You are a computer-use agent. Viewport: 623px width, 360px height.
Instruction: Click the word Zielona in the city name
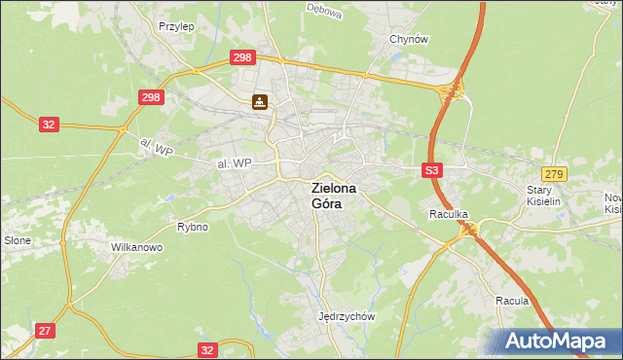(333, 189)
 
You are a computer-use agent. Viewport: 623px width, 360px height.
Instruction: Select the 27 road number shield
(45, 331)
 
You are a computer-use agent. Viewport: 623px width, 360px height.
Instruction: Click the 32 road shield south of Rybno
(207, 349)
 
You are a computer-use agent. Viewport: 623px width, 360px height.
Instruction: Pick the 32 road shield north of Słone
(50, 125)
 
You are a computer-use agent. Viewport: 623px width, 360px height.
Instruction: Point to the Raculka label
(450, 212)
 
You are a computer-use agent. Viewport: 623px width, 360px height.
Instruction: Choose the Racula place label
(511, 301)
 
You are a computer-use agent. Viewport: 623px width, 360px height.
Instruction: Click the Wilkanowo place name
(136, 247)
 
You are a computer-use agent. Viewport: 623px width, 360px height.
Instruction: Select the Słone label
(18, 239)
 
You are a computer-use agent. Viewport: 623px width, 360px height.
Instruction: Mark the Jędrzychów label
(347, 316)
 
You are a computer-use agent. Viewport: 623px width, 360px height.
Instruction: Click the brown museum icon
(260, 101)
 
